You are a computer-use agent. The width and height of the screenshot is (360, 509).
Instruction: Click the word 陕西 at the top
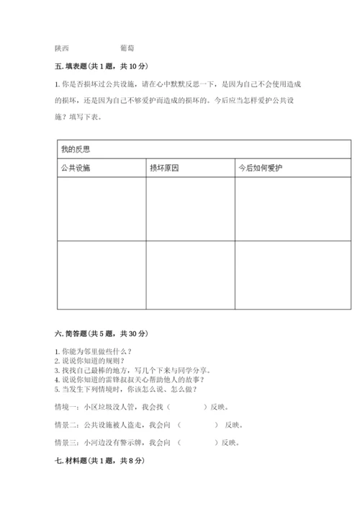click(61, 48)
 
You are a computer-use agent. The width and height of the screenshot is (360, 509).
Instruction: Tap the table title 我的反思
click(75, 150)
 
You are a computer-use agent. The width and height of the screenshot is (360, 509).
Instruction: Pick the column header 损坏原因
click(163, 168)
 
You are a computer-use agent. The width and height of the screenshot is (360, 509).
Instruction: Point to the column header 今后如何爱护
click(261, 168)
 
